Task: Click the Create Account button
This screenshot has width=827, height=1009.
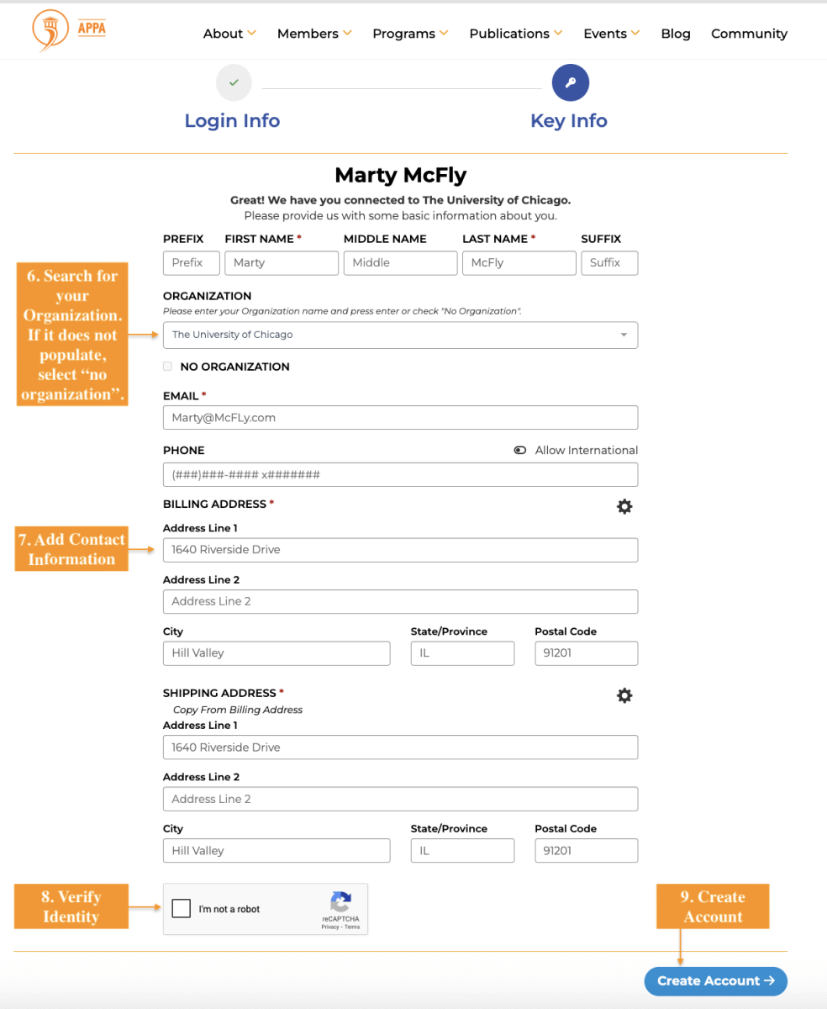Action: click(715, 981)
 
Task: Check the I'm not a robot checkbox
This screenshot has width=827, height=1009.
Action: click(181, 908)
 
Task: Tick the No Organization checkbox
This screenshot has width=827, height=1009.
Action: click(168, 367)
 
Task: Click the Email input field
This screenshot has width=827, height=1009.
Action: click(400, 418)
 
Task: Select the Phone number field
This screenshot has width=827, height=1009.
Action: click(400, 475)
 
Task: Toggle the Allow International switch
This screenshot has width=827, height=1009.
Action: click(520, 451)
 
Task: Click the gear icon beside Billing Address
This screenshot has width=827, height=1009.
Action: click(624, 506)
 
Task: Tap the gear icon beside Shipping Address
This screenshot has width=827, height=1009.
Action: click(624, 695)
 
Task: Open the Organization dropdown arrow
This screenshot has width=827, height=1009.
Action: click(624, 335)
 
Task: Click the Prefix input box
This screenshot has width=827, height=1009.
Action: click(191, 263)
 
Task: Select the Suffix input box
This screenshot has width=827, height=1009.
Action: click(609, 263)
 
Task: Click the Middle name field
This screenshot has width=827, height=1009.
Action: click(400, 263)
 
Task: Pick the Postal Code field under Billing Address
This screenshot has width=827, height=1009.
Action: click(586, 653)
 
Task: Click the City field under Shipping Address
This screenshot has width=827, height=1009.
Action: click(277, 851)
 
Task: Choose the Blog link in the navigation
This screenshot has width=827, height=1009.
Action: click(676, 34)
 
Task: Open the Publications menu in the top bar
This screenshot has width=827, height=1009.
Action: click(515, 34)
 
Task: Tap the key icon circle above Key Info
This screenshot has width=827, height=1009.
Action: click(570, 82)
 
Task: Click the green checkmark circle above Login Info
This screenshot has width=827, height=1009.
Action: click(234, 82)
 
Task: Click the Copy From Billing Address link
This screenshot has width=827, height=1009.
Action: click(238, 710)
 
